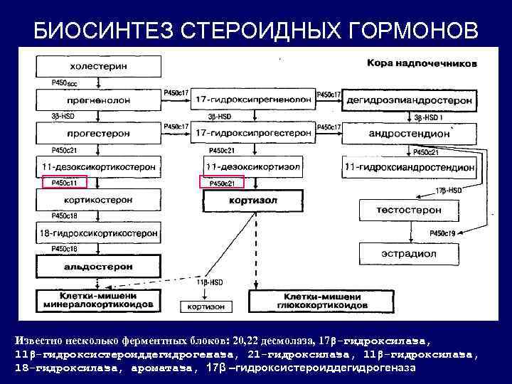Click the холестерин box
point(99,66)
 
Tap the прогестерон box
point(99,133)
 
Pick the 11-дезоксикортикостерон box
point(99,166)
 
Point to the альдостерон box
point(99,267)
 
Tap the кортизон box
point(206,306)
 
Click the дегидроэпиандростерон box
point(410,100)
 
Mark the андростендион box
point(410,133)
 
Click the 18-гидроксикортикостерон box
point(99,233)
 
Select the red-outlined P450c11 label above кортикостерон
point(64,183)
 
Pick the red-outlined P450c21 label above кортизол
point(222,183)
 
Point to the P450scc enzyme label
point(65,83)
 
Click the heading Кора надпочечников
point(422,63)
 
